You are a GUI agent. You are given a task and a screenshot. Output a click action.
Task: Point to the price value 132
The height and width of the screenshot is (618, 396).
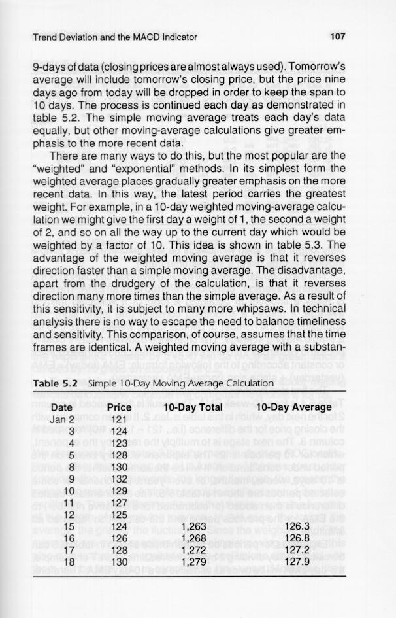[x=119, y=479]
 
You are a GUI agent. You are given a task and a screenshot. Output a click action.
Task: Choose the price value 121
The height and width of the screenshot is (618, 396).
[x=119, y=419]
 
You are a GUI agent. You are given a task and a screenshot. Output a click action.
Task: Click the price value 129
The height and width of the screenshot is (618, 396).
[x=119, y=490]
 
